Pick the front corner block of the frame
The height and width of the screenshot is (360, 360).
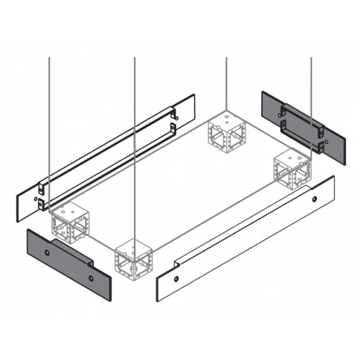click(x=134, y=259)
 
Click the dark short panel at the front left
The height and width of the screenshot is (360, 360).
click(x=68, y=259)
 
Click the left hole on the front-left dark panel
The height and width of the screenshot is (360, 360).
click(x=47, y=251)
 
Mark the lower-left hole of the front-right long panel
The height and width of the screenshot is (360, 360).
click(x=177, y=278)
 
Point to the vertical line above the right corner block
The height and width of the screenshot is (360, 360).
click(x=311, y=95)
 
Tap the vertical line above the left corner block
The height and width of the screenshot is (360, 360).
click(x=49, y=126)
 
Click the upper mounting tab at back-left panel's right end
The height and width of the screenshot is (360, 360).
click(x=175, y=114)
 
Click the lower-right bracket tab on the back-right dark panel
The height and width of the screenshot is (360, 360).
click(x=321, y=148)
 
